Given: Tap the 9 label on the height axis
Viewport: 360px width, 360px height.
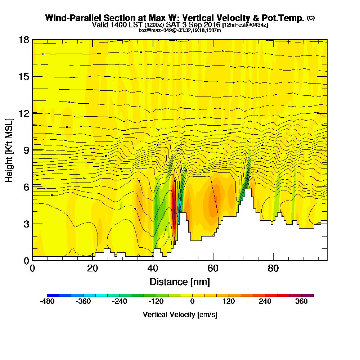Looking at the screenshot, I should [x=26, y=150].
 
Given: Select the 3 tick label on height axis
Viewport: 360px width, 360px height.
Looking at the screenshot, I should [x=26, y=224].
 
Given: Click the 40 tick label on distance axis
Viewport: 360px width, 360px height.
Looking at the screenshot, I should [x=153, y=268].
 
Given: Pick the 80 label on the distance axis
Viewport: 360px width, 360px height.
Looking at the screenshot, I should [x=274, y=268].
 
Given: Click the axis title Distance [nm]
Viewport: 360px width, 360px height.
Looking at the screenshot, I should [x=180, y=282].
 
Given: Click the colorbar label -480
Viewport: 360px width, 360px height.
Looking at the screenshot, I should [x=47, y=302].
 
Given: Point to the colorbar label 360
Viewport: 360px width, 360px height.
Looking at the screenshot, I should [x=302, y=302].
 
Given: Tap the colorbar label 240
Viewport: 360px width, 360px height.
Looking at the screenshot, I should [x=265, y=302].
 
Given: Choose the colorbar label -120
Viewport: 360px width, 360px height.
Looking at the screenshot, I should [x=156, y=302].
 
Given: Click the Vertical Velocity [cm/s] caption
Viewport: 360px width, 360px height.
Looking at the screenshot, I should [x=180, y=315].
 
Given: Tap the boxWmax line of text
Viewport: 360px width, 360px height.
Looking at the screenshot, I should [x=180, y=30].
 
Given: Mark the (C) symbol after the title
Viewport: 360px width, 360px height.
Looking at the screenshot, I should [x=311, y=18].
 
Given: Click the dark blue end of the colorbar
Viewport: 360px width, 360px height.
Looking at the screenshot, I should [x=50, y=295].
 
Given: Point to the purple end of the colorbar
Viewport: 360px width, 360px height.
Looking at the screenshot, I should [x=311, y=295].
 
